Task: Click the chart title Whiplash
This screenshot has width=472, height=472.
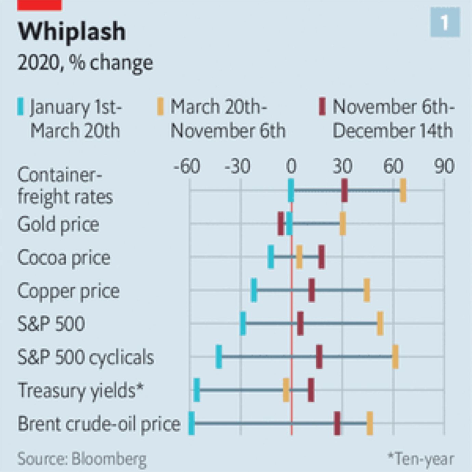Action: (x=72, y=32)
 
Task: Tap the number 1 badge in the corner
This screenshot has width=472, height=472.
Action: (x=445, y=23)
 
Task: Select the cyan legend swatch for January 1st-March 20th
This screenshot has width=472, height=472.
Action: (x=21, y=107)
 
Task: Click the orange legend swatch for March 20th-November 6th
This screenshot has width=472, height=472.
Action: (x=160, y=107)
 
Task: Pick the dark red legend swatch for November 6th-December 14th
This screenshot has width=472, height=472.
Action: (x=322, y=107)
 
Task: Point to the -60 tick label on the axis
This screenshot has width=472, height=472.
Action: (x=187, y=167)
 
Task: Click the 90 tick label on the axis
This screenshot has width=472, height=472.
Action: (x=444, y=167)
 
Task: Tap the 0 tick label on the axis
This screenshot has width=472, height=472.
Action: (x=291, y=167)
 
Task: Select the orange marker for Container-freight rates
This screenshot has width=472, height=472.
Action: (x=403, y=191)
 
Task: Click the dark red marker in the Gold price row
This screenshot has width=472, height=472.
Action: (x=281, y=224)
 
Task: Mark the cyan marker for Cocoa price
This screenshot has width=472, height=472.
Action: (x=271, y=257)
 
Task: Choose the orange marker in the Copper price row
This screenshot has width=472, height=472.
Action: (x=367, y=290)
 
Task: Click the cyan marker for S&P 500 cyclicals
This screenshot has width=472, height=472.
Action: (x=219, y=357)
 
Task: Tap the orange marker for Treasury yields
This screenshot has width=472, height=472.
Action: (x=286, y=390)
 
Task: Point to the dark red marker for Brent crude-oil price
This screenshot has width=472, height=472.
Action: (x=337, y=423)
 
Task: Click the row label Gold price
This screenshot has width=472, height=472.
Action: (x=58, y=225)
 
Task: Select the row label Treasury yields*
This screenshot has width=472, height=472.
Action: (x=80, y=391)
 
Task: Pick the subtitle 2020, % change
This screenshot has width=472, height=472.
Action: (x=85, y=63)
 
